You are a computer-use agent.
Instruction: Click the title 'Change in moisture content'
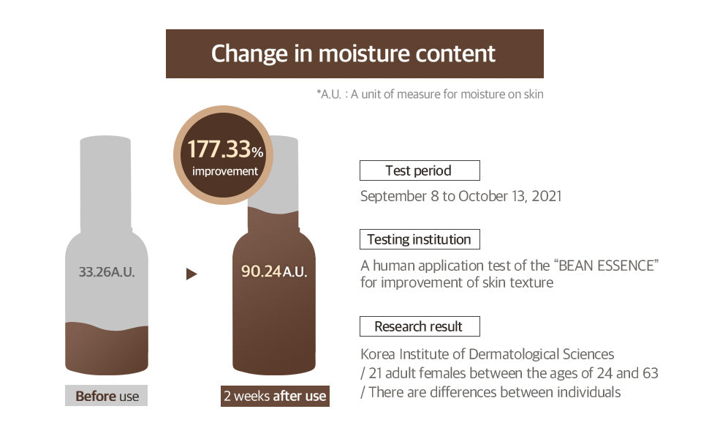coord(353,54)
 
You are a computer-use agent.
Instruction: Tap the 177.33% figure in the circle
coord(225,149)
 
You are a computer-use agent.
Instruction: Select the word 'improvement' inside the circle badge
coord(224,171)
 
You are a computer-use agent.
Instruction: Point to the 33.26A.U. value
coord(107,272)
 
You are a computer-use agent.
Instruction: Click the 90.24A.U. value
coord(274,271)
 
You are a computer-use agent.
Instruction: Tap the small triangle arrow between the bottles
coord(192,274)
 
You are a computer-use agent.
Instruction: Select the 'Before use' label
coord(107,396)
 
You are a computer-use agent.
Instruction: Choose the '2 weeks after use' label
coord(275,396)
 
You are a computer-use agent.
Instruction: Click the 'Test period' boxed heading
coord(420,170)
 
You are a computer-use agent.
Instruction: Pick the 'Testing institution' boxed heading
coord(420,239)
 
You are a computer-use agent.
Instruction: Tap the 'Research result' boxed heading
coord(420,326)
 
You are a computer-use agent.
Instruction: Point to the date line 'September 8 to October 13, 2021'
coord(460,196)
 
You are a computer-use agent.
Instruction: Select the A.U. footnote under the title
coord(430,94)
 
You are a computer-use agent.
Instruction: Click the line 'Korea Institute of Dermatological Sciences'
coord(488,354)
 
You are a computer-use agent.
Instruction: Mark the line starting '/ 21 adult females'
coord(509,373)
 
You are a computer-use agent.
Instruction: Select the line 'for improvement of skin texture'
coord(457,283)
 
